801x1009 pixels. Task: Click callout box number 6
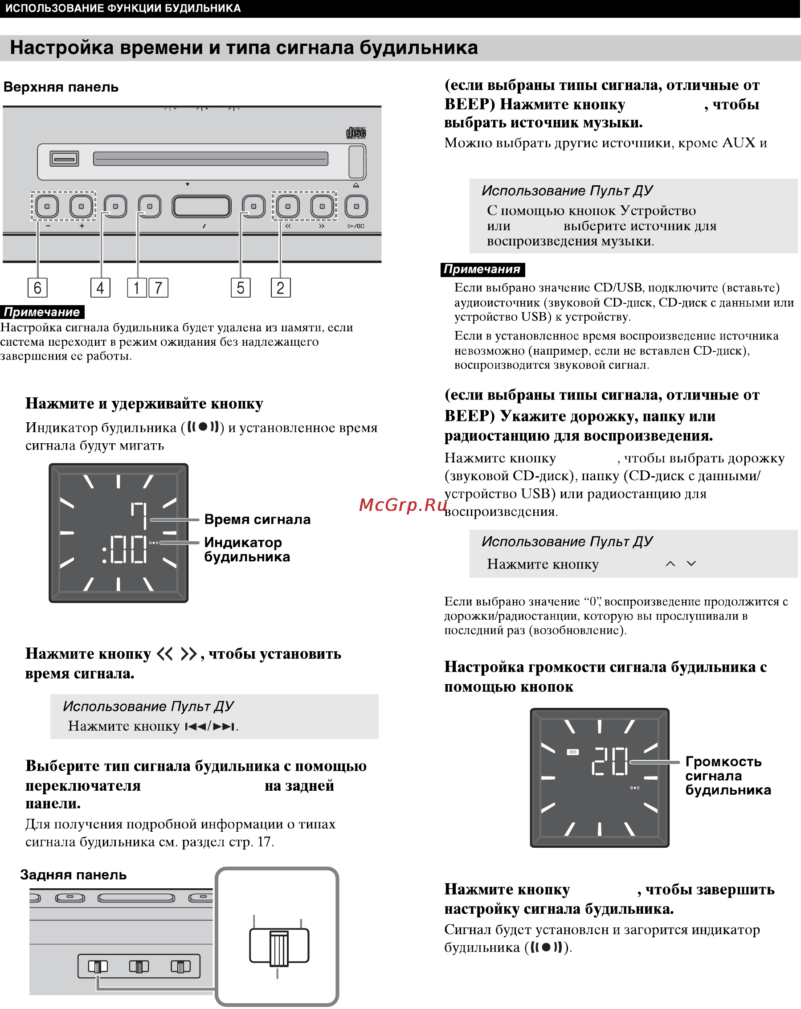37,287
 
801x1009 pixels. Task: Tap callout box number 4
100,287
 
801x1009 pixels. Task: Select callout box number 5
241,287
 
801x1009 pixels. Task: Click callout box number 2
280,287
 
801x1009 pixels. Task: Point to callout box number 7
158,287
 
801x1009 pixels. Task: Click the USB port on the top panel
64,159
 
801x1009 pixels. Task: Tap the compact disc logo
356,133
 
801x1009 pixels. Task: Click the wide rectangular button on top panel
201,206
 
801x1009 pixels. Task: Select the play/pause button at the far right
356,206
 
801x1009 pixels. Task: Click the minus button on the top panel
47,206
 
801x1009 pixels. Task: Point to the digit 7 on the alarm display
139,515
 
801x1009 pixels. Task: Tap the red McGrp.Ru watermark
403,504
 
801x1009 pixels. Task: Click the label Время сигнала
257,519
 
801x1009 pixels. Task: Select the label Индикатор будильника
247,549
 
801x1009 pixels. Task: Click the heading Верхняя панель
61,87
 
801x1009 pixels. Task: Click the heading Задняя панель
73,874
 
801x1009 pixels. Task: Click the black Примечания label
482,269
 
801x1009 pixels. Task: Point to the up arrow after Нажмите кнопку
670,564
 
